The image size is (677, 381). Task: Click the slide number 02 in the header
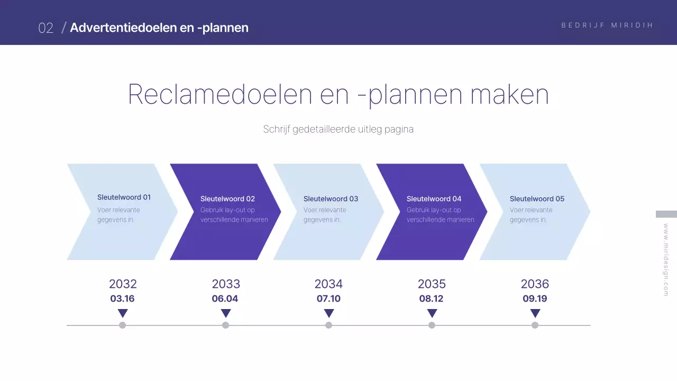click(x=46, y=28)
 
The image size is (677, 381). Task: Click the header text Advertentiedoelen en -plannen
click(x=159, y=28)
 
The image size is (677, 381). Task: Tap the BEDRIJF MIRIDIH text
click(x=607, y=25)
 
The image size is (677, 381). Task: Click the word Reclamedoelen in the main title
click(x=219, y=95)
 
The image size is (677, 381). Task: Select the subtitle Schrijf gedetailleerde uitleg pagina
click(x=338, y=129)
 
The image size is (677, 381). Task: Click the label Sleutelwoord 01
click(x=124, y=197)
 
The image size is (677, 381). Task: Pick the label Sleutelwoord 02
click(x=227, y=199)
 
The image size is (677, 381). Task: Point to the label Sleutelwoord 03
click(x=331, y=199)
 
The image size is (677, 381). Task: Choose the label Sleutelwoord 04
click(x=434, y=199)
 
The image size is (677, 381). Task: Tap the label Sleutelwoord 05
click(x=537, y=199)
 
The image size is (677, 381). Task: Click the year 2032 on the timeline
click(x=123, y=284)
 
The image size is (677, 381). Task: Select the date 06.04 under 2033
click(x=225, y=298)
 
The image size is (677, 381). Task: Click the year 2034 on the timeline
click(x=328, y=284)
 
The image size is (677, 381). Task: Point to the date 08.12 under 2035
click(x=431, y=298)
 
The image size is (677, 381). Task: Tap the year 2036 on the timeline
click(x=535, y=284)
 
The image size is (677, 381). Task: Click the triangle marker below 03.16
click(x=123, y=313)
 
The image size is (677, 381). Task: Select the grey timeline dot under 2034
click(x=328, y=325)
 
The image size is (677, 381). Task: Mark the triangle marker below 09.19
click(x=535, y=313)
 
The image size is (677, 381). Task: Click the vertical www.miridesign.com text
click(x=666, y=259)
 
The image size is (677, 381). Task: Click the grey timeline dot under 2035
click(x=432, y=325)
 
